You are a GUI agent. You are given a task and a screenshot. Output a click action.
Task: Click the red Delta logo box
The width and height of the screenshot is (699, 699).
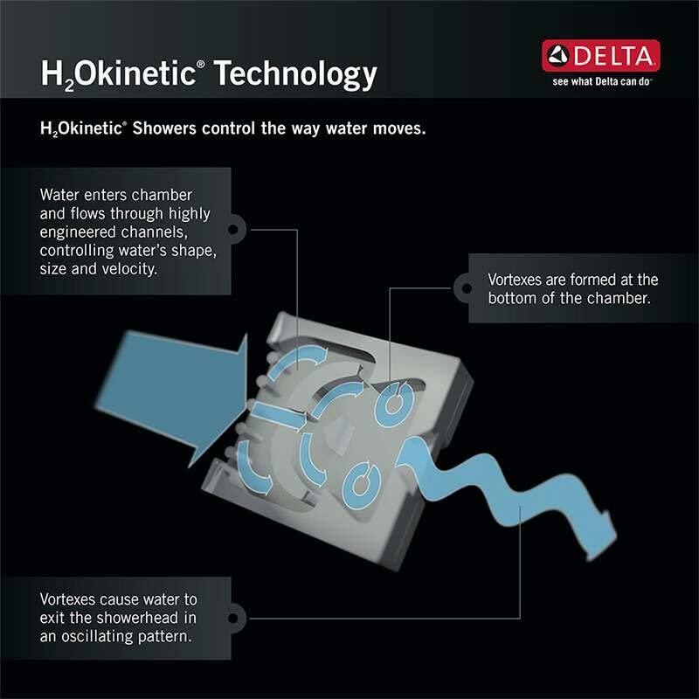coord(600,57)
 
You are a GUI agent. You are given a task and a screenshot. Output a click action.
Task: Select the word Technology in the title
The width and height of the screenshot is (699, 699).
coord(296,73)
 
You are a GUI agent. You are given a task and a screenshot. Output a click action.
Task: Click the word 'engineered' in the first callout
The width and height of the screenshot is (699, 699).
coord(80,232)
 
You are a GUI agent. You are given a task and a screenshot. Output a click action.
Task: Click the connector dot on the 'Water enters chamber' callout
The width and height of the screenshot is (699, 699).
coord(232,231)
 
